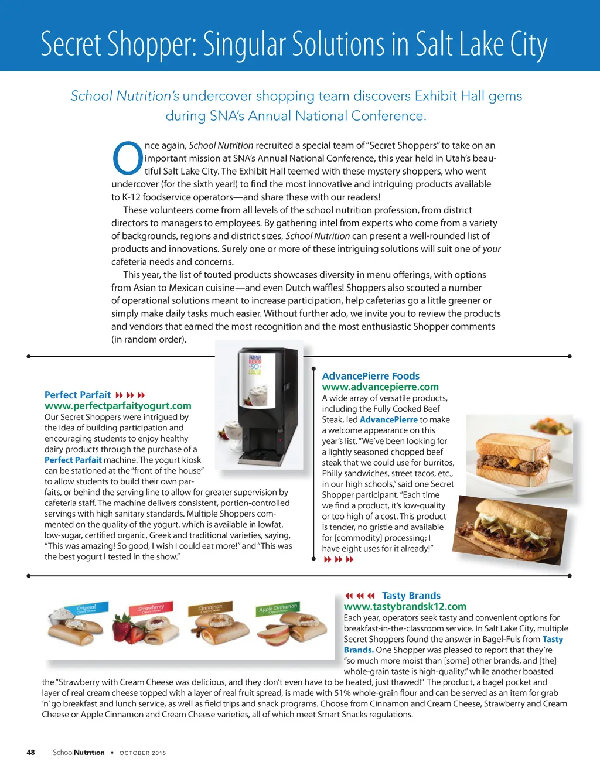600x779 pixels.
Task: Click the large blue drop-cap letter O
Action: coord(127,158)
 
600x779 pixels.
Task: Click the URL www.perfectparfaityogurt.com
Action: coord(118,406)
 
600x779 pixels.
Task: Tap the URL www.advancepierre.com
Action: coord(380,387)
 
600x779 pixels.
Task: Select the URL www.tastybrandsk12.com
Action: coord(405,607)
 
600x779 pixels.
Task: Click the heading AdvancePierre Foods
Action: coord(371,376)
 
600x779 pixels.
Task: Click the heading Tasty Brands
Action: coord(411,596)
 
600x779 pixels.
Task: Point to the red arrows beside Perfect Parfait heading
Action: coord(130,395)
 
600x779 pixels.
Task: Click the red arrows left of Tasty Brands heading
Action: coord(360,596)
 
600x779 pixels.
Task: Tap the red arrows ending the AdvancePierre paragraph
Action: coord(339,560)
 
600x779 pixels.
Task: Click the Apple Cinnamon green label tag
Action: coord(278,609)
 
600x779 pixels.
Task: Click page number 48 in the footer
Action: coord(30,753)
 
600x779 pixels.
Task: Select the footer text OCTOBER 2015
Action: coord(142,753)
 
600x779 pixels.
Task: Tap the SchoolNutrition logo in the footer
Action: coord(79,753)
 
